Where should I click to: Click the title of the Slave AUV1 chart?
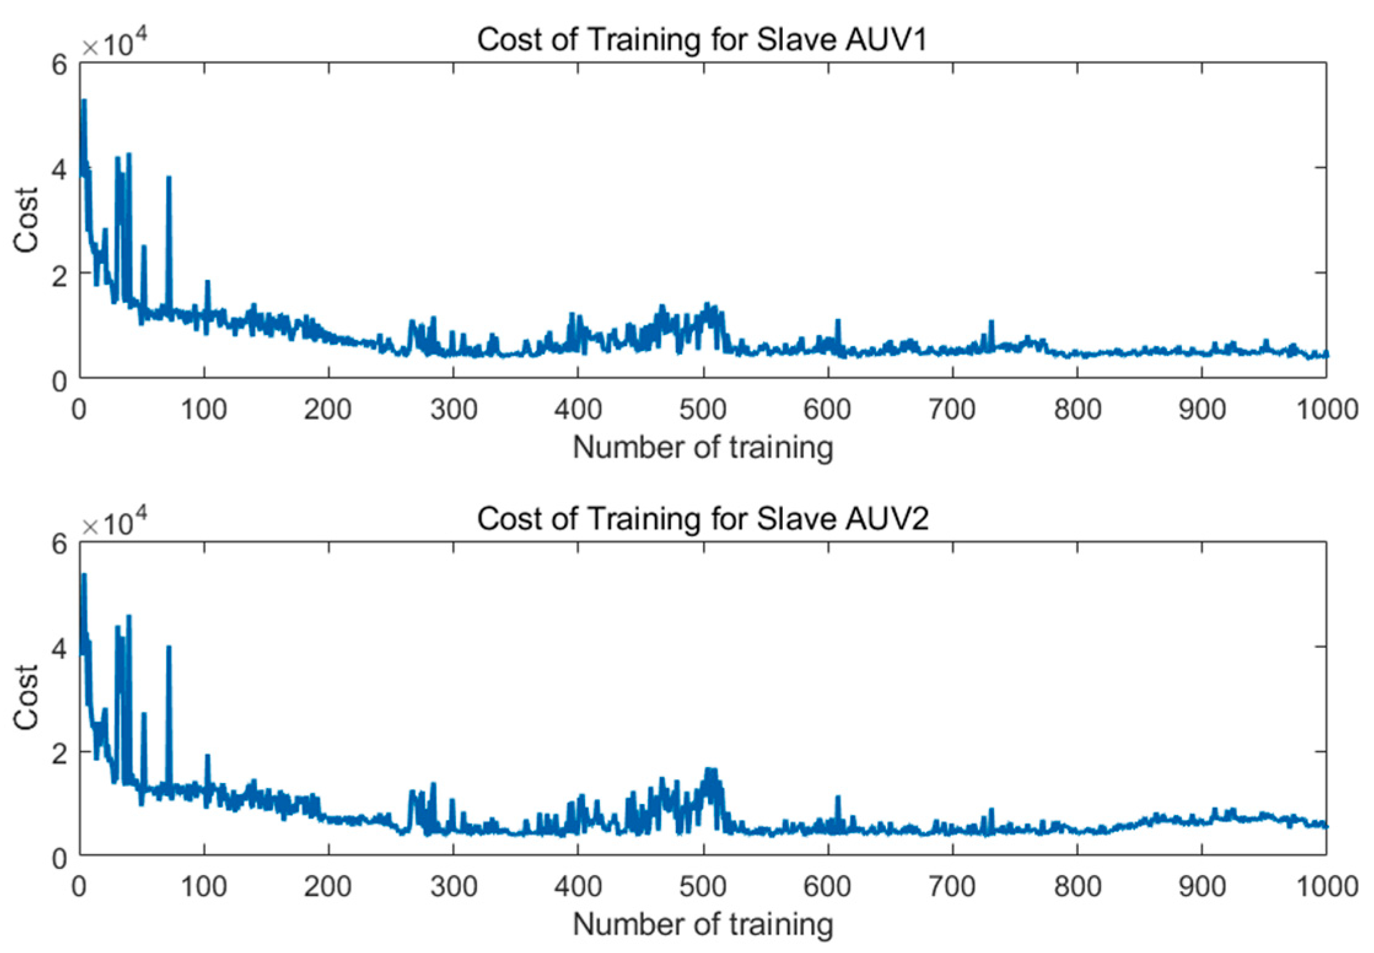tap(702, 41)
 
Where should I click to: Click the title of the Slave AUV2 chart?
tap(702, 519)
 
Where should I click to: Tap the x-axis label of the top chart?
tap(702, 447)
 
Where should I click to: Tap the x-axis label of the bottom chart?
tap(702, 924)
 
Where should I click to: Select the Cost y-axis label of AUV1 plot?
tap(26, 220)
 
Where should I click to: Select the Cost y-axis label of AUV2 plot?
tap(26, 697)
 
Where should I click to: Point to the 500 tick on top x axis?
tap(703, 410)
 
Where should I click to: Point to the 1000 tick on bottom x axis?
tap(1326, 887)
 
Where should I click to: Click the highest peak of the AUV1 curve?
tap(84, 101)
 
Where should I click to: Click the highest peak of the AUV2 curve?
tap(84, 576)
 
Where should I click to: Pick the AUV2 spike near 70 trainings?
tap(169, 648)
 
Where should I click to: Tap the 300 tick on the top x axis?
tap(454, 410)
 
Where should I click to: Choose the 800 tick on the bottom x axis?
tap(1077, 887)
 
